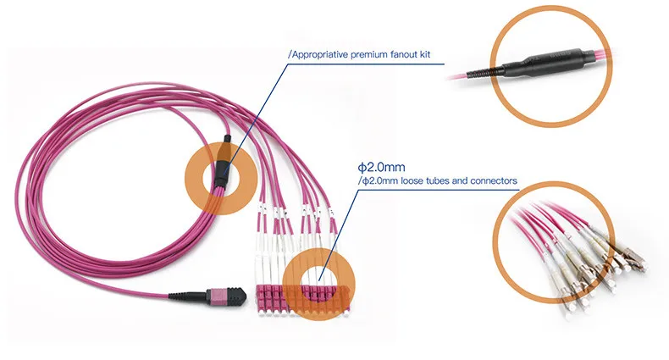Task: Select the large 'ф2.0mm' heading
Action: click(x=380, y=166)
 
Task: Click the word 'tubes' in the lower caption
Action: click(x=437, y=180)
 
